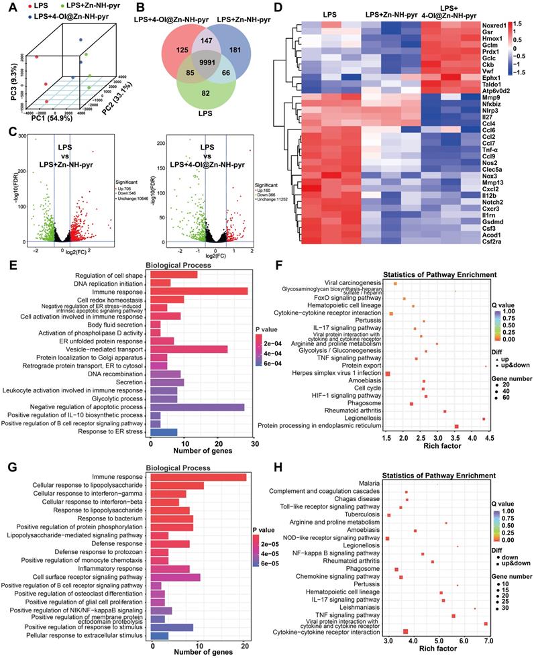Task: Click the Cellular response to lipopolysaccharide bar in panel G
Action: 178,485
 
